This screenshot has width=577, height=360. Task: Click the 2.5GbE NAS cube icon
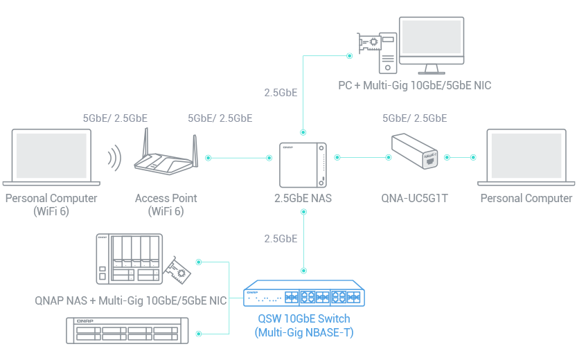pos(303,165)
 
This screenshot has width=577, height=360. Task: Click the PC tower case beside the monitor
pos(388,53)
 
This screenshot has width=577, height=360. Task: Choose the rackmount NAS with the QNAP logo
pos(127,331)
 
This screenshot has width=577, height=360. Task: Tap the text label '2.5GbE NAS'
pos(303,198)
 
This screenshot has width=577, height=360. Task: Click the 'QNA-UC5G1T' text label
pos(415,198)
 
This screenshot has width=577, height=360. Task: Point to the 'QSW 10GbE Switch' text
pos(303,319)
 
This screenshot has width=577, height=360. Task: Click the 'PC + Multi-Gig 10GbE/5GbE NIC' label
pos(415,86)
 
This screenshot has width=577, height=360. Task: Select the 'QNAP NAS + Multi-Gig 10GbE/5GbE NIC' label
pos(131,300)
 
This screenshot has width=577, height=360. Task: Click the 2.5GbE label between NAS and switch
pos(281,239)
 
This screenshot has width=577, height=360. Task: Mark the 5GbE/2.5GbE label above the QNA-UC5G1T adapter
pos(414,118)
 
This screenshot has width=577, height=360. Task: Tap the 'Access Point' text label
pos(166,198)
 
